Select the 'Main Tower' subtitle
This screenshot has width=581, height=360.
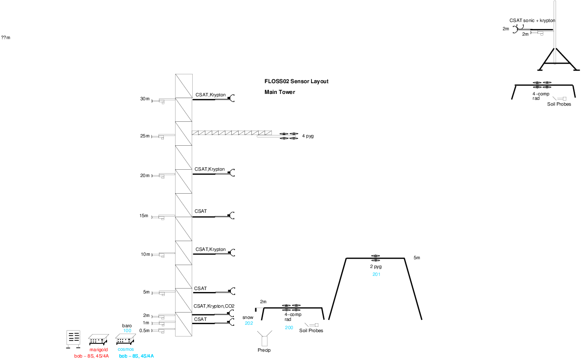(x=280, y=92)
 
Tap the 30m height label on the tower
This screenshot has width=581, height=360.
(x=144, y=99)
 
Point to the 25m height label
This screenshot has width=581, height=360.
(x=144, y=136)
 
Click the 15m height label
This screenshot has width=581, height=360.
(x=144, y=216)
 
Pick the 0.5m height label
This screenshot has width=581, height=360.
(x=144, y=331)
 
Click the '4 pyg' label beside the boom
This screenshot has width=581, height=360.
(x=308, y=136)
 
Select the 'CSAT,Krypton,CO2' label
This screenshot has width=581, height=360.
(x=214, y=306)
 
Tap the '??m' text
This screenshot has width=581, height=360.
(x=6, y=38)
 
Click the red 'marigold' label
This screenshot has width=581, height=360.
(x=98, y=350)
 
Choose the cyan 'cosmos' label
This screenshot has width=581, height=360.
(x=126, y=349)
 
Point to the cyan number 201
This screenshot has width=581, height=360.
(x=376, y=275)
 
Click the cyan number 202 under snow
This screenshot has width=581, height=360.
(x=249, y=323)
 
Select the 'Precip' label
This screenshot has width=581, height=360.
(x=264, y=350)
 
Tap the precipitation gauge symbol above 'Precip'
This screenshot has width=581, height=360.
(x=266, y=339)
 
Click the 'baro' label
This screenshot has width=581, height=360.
(x=127, y=325)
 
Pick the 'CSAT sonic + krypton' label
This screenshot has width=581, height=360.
(x=532, y=21)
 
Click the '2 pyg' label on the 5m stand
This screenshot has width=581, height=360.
(x=376, y=267)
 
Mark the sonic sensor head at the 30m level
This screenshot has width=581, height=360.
(x=233, y=98)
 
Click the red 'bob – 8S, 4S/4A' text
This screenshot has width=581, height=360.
(x=91, y=356)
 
